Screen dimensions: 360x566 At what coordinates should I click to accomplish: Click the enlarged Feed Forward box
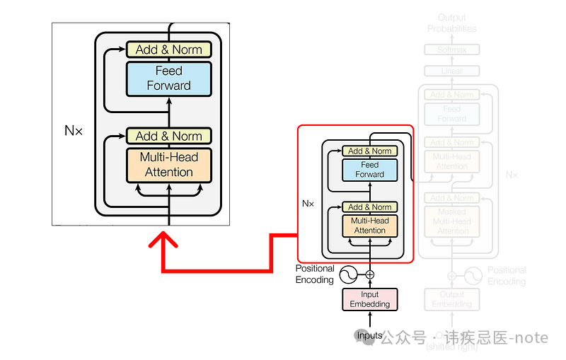[x=168, y=79]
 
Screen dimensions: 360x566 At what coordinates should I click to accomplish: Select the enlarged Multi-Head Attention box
[x=168, y=165]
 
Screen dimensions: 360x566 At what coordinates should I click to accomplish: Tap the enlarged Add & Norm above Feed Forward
[x=168, y=50]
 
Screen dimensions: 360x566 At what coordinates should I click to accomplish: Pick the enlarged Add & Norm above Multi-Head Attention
[x=168, y=136]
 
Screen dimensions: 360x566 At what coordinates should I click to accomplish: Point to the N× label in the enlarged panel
[x=74, y=131]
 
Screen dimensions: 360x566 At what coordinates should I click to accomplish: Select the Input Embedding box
[x=370, y=299]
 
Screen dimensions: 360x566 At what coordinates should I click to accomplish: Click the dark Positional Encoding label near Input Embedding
[x=315, y=274]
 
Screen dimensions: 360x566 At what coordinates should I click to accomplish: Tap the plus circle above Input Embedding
[x=369, y=274]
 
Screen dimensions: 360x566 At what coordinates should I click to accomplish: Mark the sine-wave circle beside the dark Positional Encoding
[x=348, y=274]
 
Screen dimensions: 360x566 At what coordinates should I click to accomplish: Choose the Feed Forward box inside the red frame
[x=370, y=170]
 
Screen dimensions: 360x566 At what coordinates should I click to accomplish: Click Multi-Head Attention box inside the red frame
[x=370, y=226]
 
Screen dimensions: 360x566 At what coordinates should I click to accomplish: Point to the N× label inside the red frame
[x=308, y=204]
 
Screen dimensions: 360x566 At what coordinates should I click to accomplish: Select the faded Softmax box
[x=452, y=50]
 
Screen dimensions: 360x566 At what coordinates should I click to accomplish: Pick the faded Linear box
[x=452, y=71]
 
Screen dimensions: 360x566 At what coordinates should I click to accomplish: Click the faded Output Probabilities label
[x=452, y=23]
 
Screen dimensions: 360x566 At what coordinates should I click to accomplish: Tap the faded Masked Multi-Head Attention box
[x=452, y=221]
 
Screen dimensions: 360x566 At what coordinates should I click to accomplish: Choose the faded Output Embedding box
[x=452, y=299]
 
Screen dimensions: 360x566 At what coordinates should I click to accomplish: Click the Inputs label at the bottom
[x=369, y=335]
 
